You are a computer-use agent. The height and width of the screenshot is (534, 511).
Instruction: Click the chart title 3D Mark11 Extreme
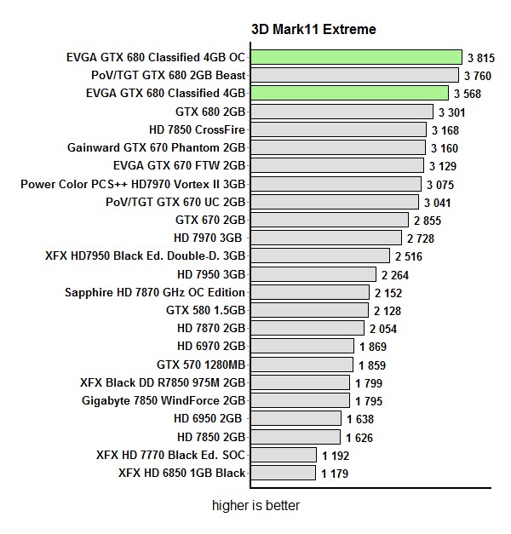click(313, 29)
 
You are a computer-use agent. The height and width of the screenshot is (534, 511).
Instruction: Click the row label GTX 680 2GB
click(210, 111)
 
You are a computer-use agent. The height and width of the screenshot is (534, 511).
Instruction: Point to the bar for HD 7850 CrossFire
click(338, 129)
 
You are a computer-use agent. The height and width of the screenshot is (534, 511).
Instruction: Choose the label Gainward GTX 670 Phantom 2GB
click(157, 146)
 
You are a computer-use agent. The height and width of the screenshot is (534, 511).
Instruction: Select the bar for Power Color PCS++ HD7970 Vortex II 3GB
click(336, 183)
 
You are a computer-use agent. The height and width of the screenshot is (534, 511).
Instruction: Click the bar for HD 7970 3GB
click(326, 238)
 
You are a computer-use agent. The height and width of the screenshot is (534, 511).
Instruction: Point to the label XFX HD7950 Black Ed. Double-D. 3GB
click(146, 256)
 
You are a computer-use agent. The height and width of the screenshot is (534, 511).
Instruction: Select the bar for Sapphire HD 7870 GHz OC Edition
click(310, 292)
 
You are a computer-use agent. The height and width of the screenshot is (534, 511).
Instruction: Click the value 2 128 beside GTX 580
click(388, 311)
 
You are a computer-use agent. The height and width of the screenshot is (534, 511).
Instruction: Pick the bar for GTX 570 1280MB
click(301, 365)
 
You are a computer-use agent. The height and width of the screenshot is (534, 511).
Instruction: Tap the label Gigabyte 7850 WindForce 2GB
click(164, 400)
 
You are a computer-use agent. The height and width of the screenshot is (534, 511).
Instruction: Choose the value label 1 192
click(336, 456)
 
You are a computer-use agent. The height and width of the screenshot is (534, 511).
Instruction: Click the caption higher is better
click(255, 506)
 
